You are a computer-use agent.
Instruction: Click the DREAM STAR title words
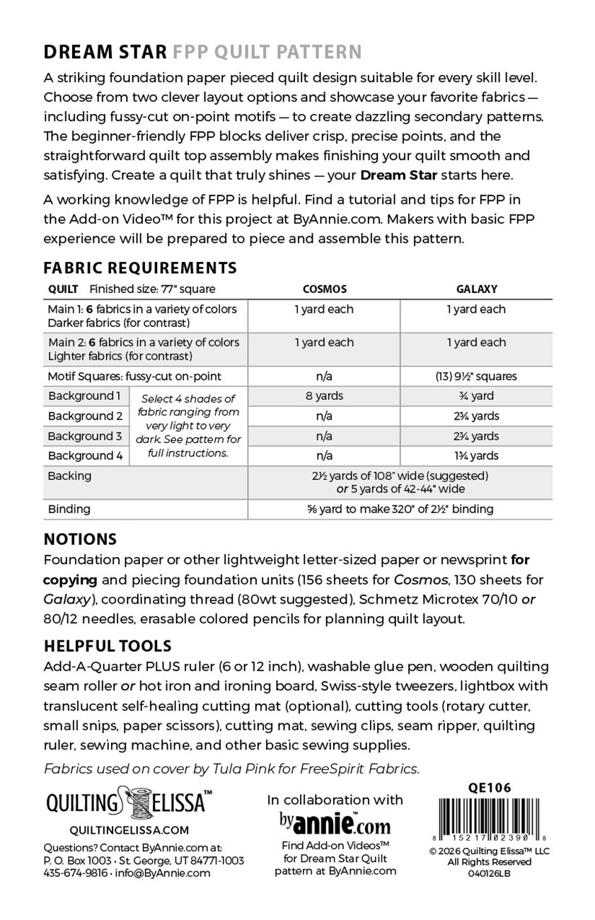click(x=105, y=52)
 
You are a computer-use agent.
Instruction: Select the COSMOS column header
click(x=324, y=289)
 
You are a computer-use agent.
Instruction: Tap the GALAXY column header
click(x=476, y=289)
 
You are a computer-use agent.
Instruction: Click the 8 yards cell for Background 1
click(x=324, y=396)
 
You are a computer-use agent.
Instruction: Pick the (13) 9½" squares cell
click(x=476, y=376)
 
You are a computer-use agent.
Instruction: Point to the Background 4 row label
click(x=85, y=456)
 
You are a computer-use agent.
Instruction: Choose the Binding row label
click(x=69, y=509)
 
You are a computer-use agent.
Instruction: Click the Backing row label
click(x=69, y=476)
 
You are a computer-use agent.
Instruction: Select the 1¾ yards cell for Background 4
click(x=476, y=456)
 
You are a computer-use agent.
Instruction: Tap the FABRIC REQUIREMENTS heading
click(x=140, y=268)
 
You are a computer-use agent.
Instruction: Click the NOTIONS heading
click(x=80, y=539)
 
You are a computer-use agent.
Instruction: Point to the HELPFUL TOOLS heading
click(x=108, y=645)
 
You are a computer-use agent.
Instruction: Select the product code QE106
click(x=490, y=788)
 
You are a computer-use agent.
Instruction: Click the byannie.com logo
click(x=335, y=823)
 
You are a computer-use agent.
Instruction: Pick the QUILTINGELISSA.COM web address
click(x=120, y=830)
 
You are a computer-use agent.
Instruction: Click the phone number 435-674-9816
click(x=76, y=873)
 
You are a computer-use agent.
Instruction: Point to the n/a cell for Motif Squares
click(x=324, y=376)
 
